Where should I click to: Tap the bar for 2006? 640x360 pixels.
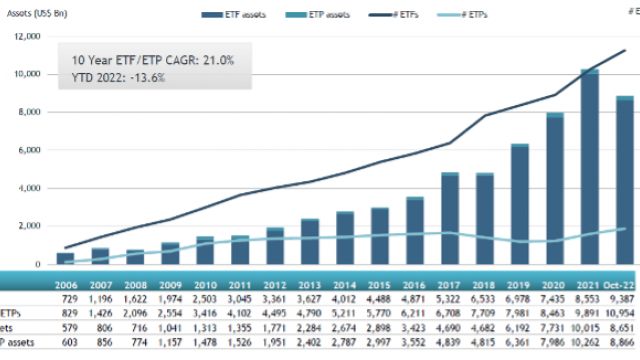point(65,258)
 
